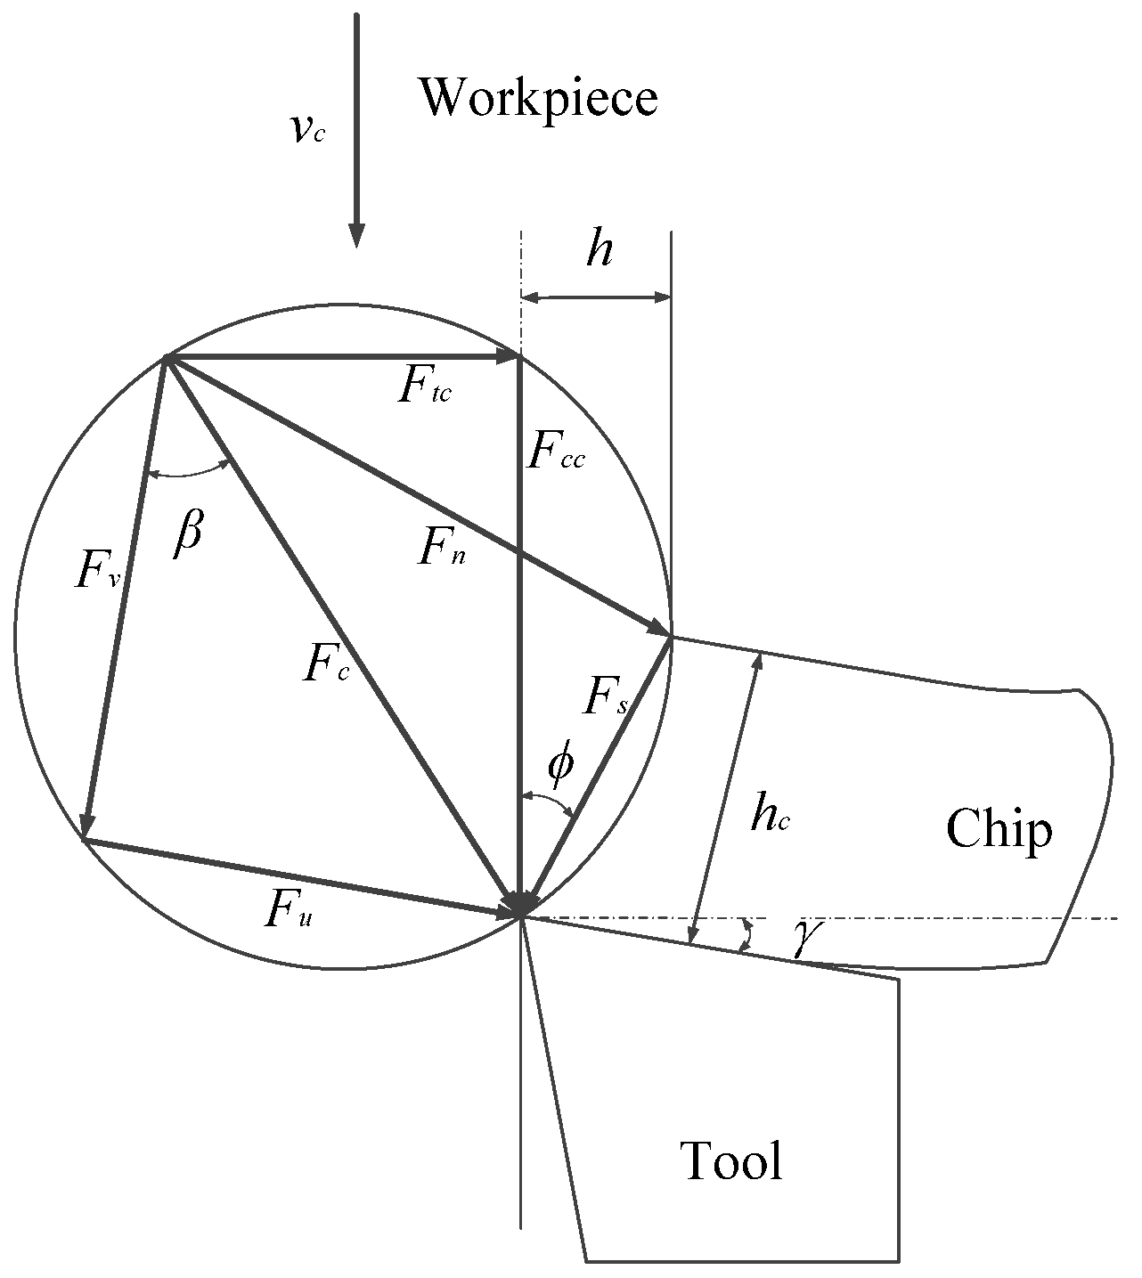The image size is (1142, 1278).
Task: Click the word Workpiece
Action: (539, 97)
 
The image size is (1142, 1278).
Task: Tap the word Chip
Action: (999, 830)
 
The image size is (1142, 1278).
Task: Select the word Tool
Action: (731, 1160)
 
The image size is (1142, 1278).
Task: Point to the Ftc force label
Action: (425, 389)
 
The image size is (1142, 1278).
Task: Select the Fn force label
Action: (443, 551)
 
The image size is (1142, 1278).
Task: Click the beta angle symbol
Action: (188, 534)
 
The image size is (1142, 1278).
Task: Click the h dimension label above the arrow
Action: (600, 252)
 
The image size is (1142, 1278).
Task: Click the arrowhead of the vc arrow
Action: (355, 236)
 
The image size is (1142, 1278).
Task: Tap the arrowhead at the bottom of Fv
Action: (86, 826)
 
